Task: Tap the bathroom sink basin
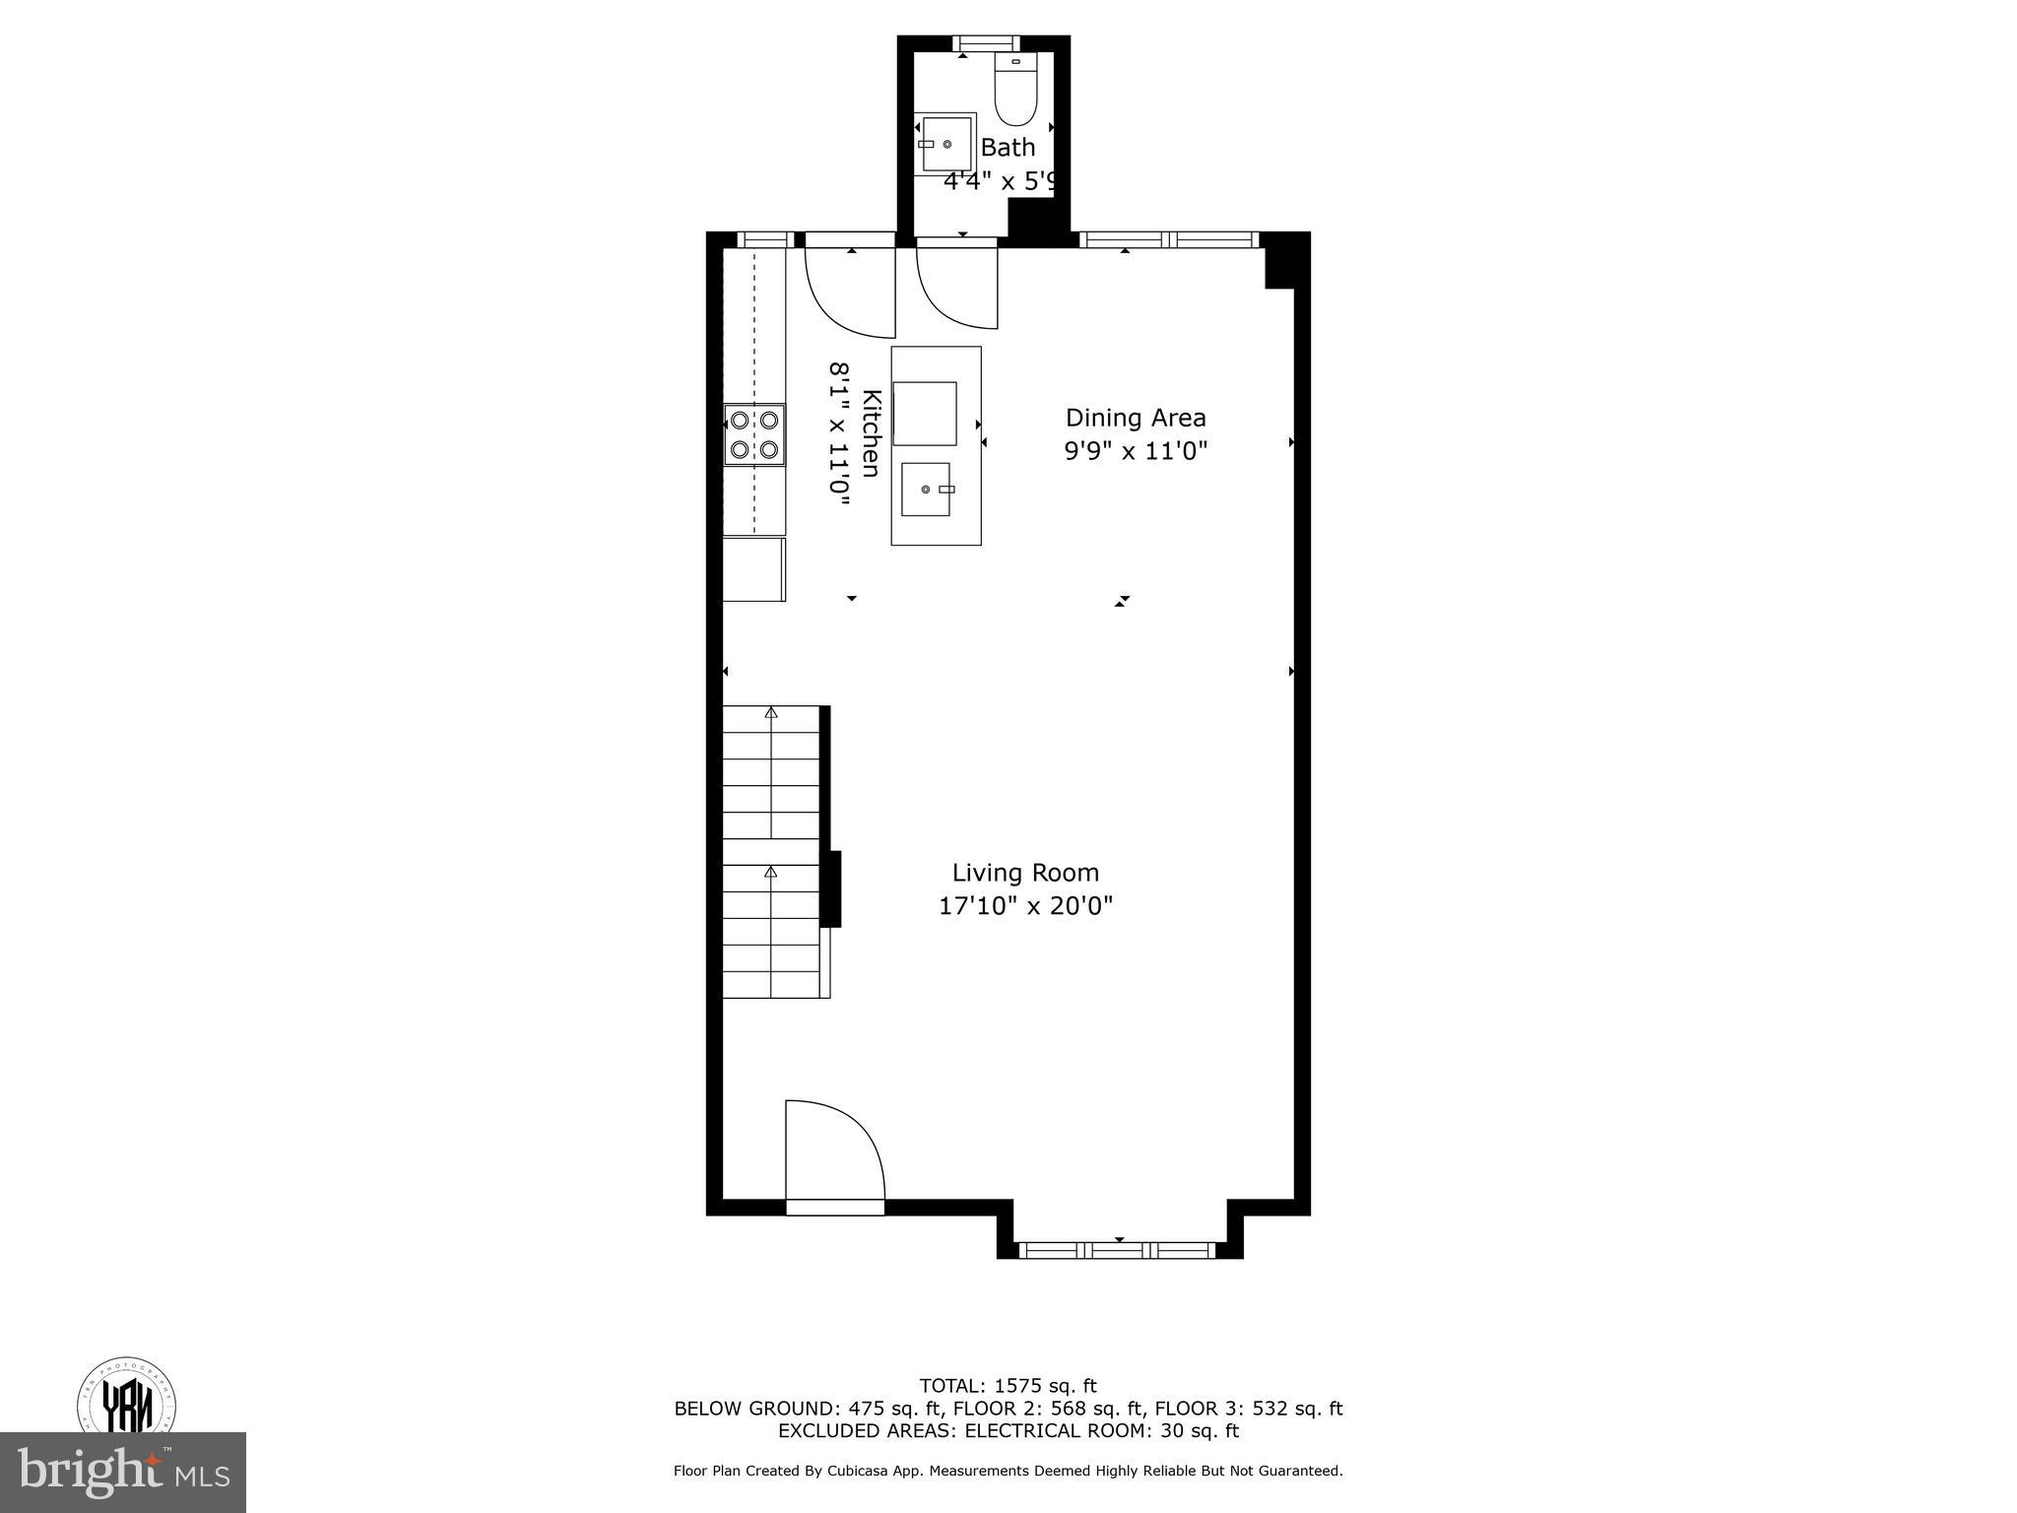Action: [x=946, y=144]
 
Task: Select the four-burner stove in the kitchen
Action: [x=754, y=434]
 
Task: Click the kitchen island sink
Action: [x=927, y=490]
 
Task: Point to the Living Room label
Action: [x=1025, y=873]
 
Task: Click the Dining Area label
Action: [x=1136, y=418]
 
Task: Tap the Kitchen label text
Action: [x=871, y=433]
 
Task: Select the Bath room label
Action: [x=1008, y=148]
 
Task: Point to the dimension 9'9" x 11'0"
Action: [x=1136, y=451]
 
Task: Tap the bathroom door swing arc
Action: [x=955, y=286]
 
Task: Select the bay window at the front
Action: [x=1118, y=1250]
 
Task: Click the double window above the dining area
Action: [x=1169, y=239]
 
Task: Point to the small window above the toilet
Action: [x=986, y=42]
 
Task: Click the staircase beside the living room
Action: [x=772, y=851]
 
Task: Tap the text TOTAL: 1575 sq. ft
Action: [x=1008, y=1387]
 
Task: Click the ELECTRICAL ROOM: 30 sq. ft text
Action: [x=1101, y=1430]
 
